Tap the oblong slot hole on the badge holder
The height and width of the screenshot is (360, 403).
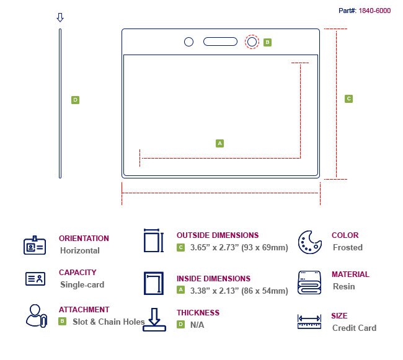click(220, 42)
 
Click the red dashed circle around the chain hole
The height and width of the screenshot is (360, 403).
click(252, 42)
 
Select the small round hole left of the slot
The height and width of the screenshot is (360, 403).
click(189, 42)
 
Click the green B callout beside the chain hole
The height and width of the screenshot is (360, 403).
click(267, 42)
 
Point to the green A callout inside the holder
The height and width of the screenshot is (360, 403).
click(219, 143)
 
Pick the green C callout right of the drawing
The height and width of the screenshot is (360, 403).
click(348, 99)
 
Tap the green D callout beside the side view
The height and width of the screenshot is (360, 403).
click(75, 100)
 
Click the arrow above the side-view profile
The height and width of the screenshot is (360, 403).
click(60, 17)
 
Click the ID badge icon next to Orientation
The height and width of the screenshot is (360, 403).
click(35, 245)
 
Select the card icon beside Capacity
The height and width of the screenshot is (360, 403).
click(35, 279)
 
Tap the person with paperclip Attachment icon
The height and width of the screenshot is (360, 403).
click(36, 315)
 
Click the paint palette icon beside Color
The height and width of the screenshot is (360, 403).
click(309, 242)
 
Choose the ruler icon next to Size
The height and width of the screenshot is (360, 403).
click(309, 322)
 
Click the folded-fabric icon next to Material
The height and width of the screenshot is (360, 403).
click(309, 282)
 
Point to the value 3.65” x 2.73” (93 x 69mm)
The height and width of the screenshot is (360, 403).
click(239, 247)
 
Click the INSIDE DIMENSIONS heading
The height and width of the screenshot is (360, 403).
click(213, 279)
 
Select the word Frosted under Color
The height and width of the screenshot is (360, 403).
click(347, 247)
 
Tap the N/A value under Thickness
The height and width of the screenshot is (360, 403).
click(197, 324)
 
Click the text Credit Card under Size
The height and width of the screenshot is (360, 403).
click(354, 328)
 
